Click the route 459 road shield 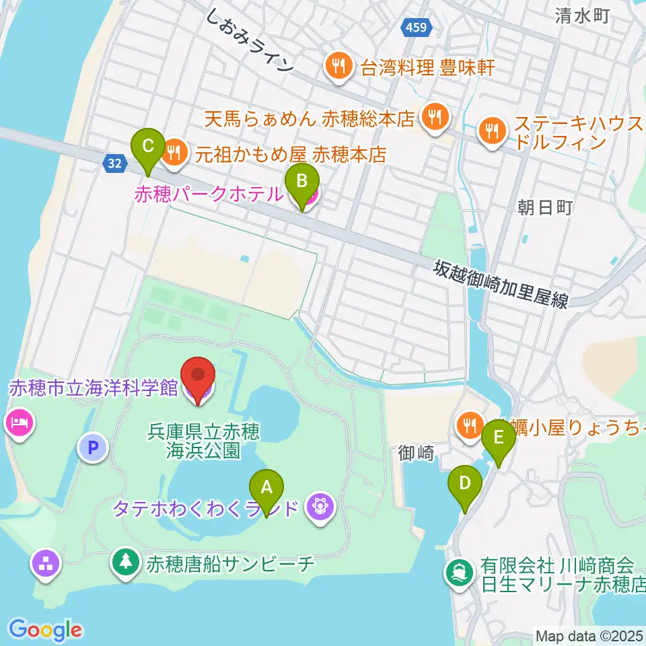pyautogui.click(x=416, y=28)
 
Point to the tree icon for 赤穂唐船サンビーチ pyautogui.click(x=126, y=563)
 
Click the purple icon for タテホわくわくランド pyautogui.click(x=318, y=506)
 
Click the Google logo pyautogui.click(x=45, y=629)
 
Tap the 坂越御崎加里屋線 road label pyautogui.click(x=501, y=285)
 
